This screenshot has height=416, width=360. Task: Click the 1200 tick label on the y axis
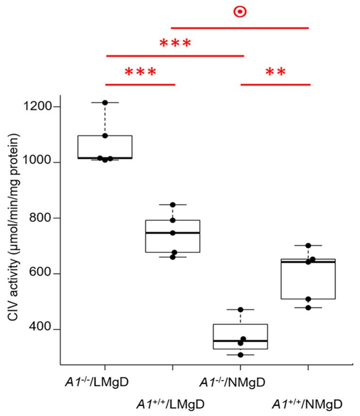[38, 107]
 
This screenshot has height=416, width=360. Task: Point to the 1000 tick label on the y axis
[38, 163]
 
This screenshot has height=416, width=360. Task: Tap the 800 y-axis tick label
[42, 218]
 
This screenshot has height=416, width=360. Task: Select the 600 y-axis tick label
[42, 274]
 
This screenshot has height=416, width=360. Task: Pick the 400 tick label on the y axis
[42, 329]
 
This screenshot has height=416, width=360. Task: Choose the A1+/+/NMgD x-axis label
[307, 404]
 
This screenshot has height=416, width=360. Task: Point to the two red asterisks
[276, 73]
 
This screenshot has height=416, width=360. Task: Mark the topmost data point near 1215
[105, 102]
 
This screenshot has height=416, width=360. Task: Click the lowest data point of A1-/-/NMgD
[240, 355]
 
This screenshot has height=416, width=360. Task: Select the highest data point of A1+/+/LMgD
[172, 205]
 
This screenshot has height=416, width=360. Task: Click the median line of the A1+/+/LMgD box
[172, 233]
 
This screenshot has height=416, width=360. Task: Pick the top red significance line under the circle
[239, 28]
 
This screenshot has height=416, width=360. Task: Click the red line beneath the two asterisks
[276, 85]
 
